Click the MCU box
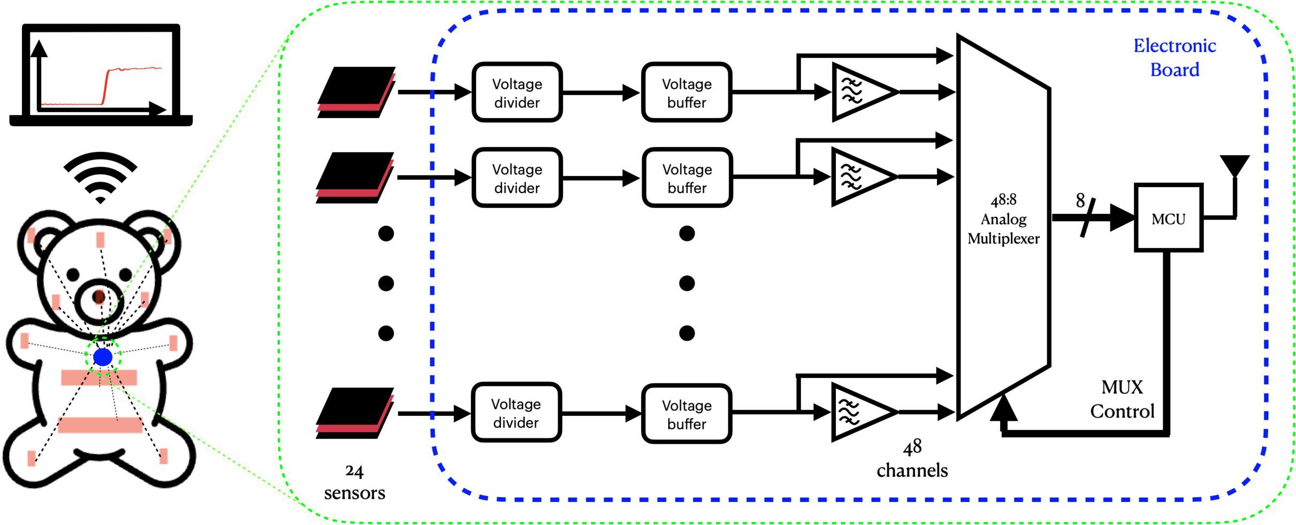tap(1168, 218)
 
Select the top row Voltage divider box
tap(517, 92)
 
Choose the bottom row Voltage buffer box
tap(687, 414)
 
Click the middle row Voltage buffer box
tap(687, 178)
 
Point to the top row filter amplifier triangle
tap(862, 92)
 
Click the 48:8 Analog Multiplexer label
tap(1003, 219)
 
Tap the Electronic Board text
tap(1175, 58)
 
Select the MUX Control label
tap(1122, 399)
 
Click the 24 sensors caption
tap(354, 482)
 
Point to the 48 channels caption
tap(912, 459)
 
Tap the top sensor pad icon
tap(356, 92)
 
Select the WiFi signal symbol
tap(101, 176)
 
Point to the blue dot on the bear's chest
tap(103, 357)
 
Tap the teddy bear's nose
tap(99, 296)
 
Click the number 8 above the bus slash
tap(1080, 201)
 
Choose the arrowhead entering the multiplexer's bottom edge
tap(1004, 408)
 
